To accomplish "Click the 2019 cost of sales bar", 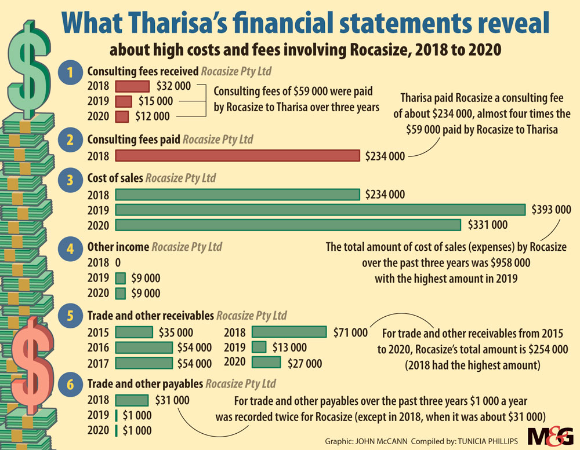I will (x=320, y=209).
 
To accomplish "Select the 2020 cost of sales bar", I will (x=288, y=224).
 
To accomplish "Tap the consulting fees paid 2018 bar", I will (x=238, y=156).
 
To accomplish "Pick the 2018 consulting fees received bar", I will (x=133, y=86).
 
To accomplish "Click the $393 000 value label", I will (x=551, y=209).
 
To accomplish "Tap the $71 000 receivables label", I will (x=350, y=332).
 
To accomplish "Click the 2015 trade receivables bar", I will (x=134, y=332).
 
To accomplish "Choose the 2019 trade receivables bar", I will (x=259, y=347).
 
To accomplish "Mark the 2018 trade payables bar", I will (x=132, y=400).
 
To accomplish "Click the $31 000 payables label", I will (x=172, y=400).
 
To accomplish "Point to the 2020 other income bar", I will (x=121, y=293).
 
